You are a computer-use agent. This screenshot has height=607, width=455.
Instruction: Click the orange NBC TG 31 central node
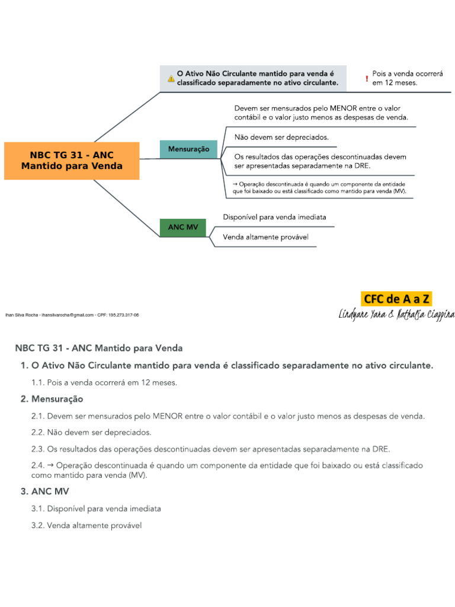tap(72, 161)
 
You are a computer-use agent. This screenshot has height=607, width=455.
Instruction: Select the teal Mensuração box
tap(188, 149)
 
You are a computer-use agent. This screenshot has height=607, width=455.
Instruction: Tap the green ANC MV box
tap(183, 228)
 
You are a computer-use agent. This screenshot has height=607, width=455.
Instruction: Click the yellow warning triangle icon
tap(171, 78)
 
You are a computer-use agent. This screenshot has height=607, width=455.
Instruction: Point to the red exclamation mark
tap(367, 78)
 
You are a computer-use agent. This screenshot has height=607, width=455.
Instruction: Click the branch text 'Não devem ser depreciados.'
tap(281, 137)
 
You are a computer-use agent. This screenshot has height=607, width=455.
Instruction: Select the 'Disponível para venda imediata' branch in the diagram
tap(274, 217)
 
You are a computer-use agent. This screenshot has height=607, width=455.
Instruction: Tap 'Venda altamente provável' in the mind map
tap(265, 238)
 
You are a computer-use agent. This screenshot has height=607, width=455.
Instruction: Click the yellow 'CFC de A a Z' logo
tap(396, 299)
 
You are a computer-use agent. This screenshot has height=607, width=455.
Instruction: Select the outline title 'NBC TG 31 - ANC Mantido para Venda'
tap(98, 348)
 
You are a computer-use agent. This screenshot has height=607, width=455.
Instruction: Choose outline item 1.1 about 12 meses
tap(104, 383)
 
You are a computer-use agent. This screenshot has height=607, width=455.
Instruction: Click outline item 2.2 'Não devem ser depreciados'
tap(91, 432)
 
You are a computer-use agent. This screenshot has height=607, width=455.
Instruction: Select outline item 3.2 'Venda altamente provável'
tap(86, 525)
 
